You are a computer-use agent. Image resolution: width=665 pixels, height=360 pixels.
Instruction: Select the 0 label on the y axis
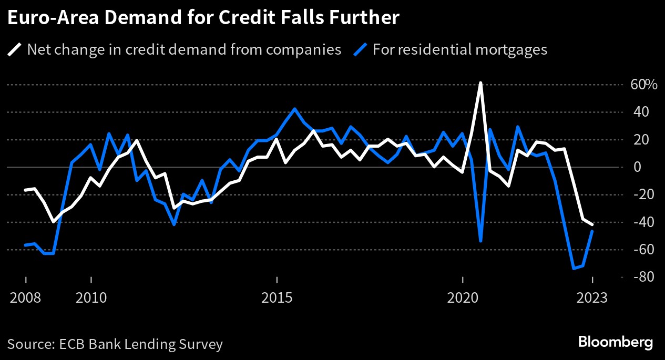(638, 167)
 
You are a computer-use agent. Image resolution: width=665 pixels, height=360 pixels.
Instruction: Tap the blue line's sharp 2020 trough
(480, 241)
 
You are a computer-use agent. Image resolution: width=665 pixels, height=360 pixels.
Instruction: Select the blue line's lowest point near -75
(574, 269)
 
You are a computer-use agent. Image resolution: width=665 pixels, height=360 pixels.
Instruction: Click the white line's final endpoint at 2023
(592, 224)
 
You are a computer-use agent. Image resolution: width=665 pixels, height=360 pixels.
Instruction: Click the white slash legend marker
(15, 50)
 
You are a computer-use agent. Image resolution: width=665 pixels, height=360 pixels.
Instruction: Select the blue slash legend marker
(360, 50)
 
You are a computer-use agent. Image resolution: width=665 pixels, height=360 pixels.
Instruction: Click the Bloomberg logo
(616, 342)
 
